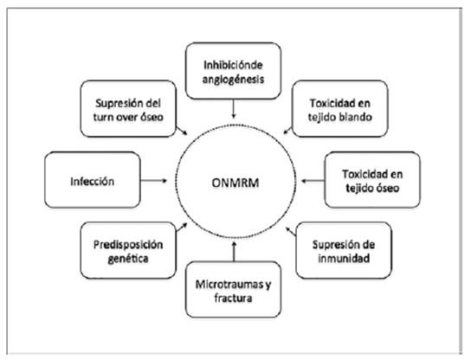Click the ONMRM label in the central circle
pos(235,183)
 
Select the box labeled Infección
pos(93,180)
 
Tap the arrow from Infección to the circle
pos(154,181)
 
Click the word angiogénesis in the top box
pos(233,80)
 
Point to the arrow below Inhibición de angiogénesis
pos(234,109)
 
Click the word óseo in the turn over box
pos(152,117)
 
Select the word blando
pos(357,117)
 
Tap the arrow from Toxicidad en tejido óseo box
pos(313,181)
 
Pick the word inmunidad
pos(344,258)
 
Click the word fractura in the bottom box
pos(233,299)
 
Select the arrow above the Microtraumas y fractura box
pos(234,251)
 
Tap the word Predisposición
pos(128,245)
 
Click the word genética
pos(128,259)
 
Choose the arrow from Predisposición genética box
pos(182,228)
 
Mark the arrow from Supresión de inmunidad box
pos(291,232)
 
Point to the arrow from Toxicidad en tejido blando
pos(287,131)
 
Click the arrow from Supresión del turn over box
pos(182,131)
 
